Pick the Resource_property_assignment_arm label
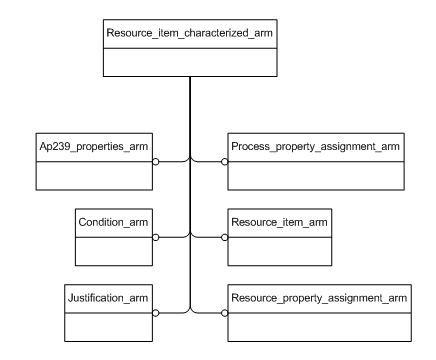(318, 298)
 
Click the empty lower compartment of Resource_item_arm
(277, 250)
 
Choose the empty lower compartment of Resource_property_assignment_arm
(318, 326)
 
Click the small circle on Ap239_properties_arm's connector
(156, 160)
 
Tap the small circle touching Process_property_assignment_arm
(224, 160)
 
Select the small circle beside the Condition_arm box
(156, 237)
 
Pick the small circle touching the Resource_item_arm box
(224, 237)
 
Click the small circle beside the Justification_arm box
(156, 313)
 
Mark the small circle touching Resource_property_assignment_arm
(224, 313)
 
